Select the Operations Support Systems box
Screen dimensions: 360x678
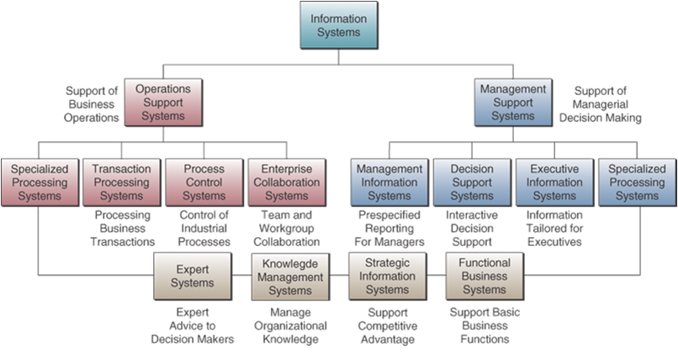click(163, 103)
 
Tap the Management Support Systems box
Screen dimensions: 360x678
click(513, 103)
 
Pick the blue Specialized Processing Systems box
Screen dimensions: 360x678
click(637, 183)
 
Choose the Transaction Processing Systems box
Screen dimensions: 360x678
click(121, 183)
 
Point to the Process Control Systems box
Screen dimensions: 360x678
click(204, 183)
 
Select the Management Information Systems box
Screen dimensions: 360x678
click(389, 183)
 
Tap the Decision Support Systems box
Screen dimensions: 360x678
click(472, 183)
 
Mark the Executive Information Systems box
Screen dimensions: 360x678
click(554, 183)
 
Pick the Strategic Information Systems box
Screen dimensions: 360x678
click(388, 277)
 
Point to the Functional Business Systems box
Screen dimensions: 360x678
click(485, 277)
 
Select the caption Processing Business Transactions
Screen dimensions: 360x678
click(121, 229)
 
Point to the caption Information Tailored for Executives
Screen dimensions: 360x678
click(554, 229)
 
